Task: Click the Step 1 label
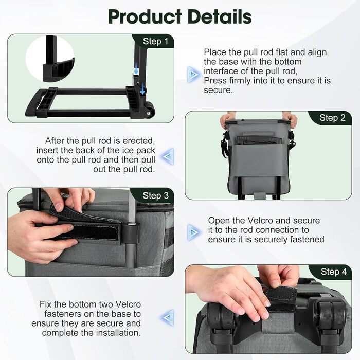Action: (155, 41)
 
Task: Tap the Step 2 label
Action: (332, 118)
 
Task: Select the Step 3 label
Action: (155, 195)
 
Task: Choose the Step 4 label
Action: (334, 272)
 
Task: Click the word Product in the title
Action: (145, 17)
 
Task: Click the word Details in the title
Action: (220, 17)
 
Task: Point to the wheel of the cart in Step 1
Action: (149, 111)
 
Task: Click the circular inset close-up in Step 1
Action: (50, 59)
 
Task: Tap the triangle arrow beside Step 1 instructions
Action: (193, 74)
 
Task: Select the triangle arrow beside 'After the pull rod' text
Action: (168, 156)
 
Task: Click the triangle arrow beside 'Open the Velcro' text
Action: (193, 232)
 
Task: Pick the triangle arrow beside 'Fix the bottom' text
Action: (168, 317)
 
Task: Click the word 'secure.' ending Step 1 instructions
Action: (219, 90)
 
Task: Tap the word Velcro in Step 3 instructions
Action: (260, 221)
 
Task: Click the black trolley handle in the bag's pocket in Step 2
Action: (259, 140)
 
